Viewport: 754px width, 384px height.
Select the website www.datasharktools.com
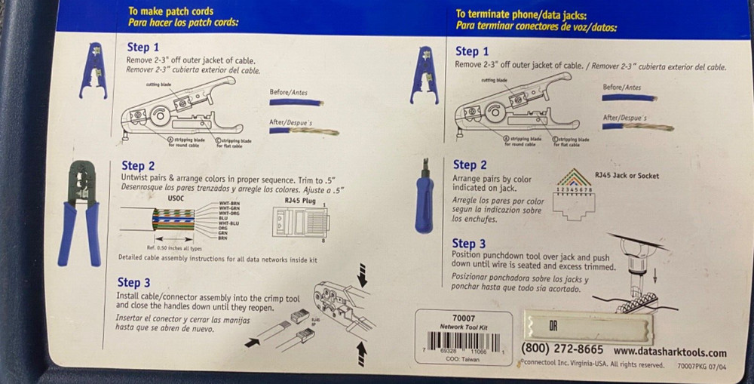[670, 352]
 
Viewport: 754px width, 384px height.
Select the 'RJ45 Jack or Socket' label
[626, 176]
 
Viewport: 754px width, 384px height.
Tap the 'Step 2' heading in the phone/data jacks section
[469, 164]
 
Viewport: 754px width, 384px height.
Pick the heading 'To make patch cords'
[170, 11]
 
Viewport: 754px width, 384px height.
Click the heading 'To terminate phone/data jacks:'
[521, 14]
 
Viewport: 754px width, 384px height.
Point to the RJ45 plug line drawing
[300, 222]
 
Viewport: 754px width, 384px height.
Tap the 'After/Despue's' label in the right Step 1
[624, 118]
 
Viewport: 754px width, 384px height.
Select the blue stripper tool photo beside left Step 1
[93, 70]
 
